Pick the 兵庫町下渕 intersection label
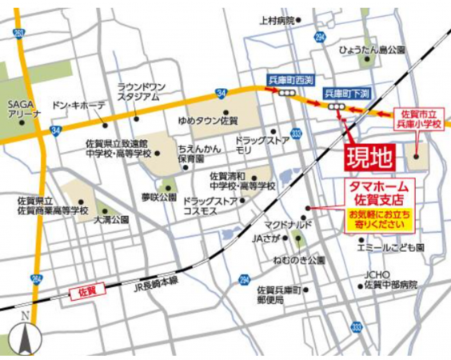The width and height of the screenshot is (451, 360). pos(345,94)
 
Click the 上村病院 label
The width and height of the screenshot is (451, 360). pos(277,20)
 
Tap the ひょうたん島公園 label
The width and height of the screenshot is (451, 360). pos(371,50)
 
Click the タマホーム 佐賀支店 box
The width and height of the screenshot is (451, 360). pos(372,192)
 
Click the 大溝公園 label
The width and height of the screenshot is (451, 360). pos(111,218)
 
